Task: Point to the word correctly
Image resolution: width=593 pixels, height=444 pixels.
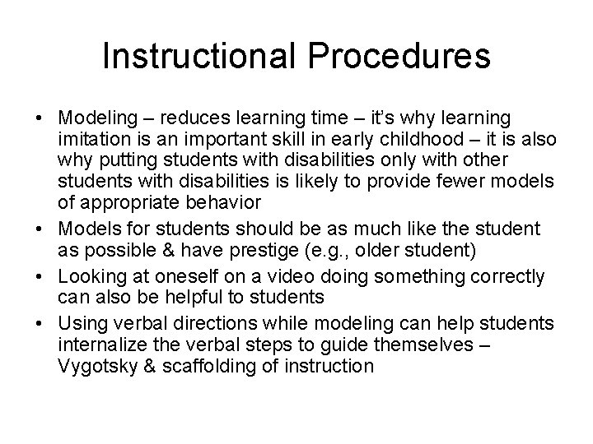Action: tap(502, 278)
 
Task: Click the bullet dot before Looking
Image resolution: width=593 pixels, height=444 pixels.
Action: tap(40, 278)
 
